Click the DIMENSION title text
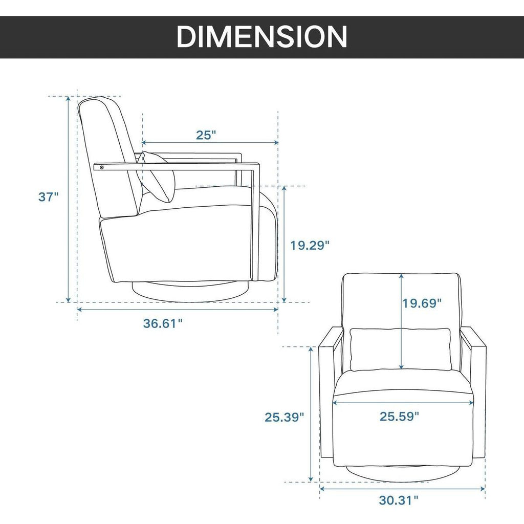(x=262, y=36)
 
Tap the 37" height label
(x=49, y=197)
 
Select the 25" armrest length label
(x=206, y=135)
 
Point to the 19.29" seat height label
(x=310, y=246)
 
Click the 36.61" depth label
(x=163, y=323)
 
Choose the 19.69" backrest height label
(x=422, y=303)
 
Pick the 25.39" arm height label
(x=285, y=417)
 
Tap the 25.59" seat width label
(x=399, y=417)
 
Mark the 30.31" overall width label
(x=399, y=500)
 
